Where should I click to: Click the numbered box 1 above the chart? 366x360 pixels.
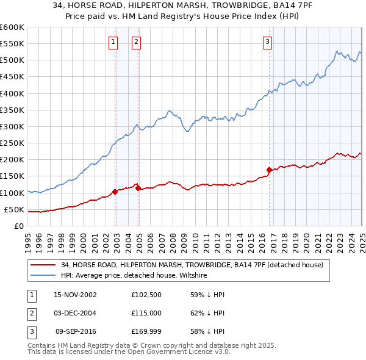(113, 41)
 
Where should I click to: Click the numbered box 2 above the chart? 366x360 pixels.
(135, 41)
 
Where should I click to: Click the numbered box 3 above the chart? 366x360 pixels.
(267, 41)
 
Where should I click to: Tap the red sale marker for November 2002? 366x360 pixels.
(115, 192)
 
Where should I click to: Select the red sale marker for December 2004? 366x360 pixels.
(138, 188)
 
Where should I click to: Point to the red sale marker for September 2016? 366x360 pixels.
(269, 170)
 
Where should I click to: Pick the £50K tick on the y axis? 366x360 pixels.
(14, 209)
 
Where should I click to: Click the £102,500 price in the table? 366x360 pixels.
(145, 294)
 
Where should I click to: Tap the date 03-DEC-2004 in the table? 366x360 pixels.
(75, 312)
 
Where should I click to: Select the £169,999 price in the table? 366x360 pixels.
(145, 331)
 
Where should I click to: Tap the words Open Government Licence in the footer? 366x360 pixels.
(173, 352)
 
